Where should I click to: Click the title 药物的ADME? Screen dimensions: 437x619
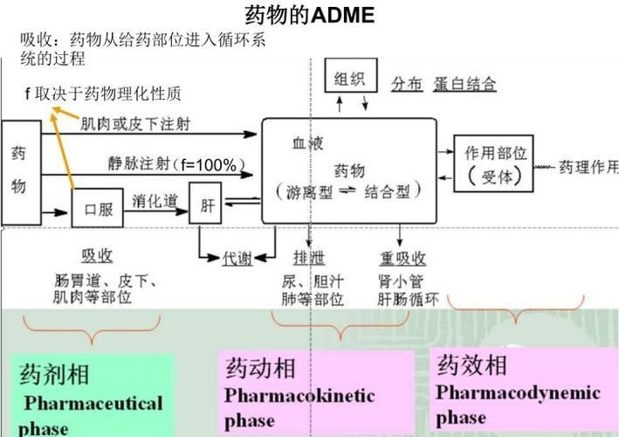(x=310, y=15)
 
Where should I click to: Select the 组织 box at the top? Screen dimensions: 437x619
(x=351, y=79)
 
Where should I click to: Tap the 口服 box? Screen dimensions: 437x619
(x=97, y=210)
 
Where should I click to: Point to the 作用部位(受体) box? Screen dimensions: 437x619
(x=495, y=163)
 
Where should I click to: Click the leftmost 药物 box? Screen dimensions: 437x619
(x=19, y=171)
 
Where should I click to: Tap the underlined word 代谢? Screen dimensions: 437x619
(x=237, y=258)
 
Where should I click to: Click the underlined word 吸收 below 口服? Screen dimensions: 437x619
(x=97, y=255)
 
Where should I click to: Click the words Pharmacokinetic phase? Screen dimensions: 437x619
(x=299, y=407)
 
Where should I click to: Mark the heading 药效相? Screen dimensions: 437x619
(x=471, y=364)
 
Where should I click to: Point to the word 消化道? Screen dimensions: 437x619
(x=155, y=202)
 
